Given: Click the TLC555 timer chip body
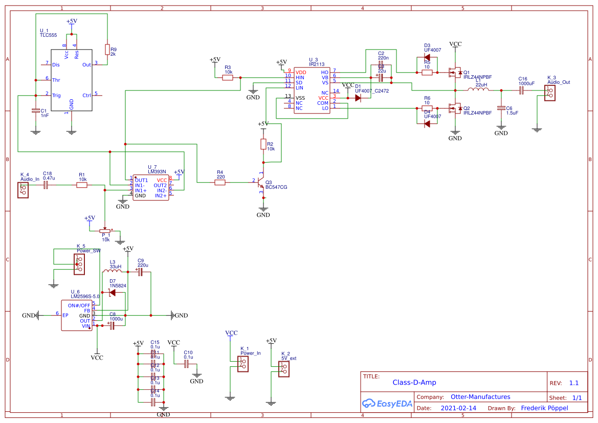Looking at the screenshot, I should click(x=71, y=80).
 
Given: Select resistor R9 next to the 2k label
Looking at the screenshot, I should click(x=107, y=49).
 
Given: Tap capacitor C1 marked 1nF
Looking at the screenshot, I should click(x=35, y=110).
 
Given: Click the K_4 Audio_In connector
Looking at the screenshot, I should click(x=23, y=190).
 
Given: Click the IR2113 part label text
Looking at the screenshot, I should click(x=316, y=64).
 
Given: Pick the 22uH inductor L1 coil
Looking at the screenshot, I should click(x=478, y=90).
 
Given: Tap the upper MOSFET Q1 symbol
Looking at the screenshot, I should click(x=453, y=73).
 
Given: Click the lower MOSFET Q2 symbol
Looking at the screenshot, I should click(x=453, y=108).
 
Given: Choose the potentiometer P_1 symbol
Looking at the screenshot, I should click(x=105, y=231).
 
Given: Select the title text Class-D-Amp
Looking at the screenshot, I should click(x=414, y=382).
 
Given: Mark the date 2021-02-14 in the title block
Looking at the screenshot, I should click(x=458, y=408).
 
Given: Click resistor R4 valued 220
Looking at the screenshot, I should click(x=220, y=182).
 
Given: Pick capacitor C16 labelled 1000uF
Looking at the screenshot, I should click(x=521, y=91).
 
